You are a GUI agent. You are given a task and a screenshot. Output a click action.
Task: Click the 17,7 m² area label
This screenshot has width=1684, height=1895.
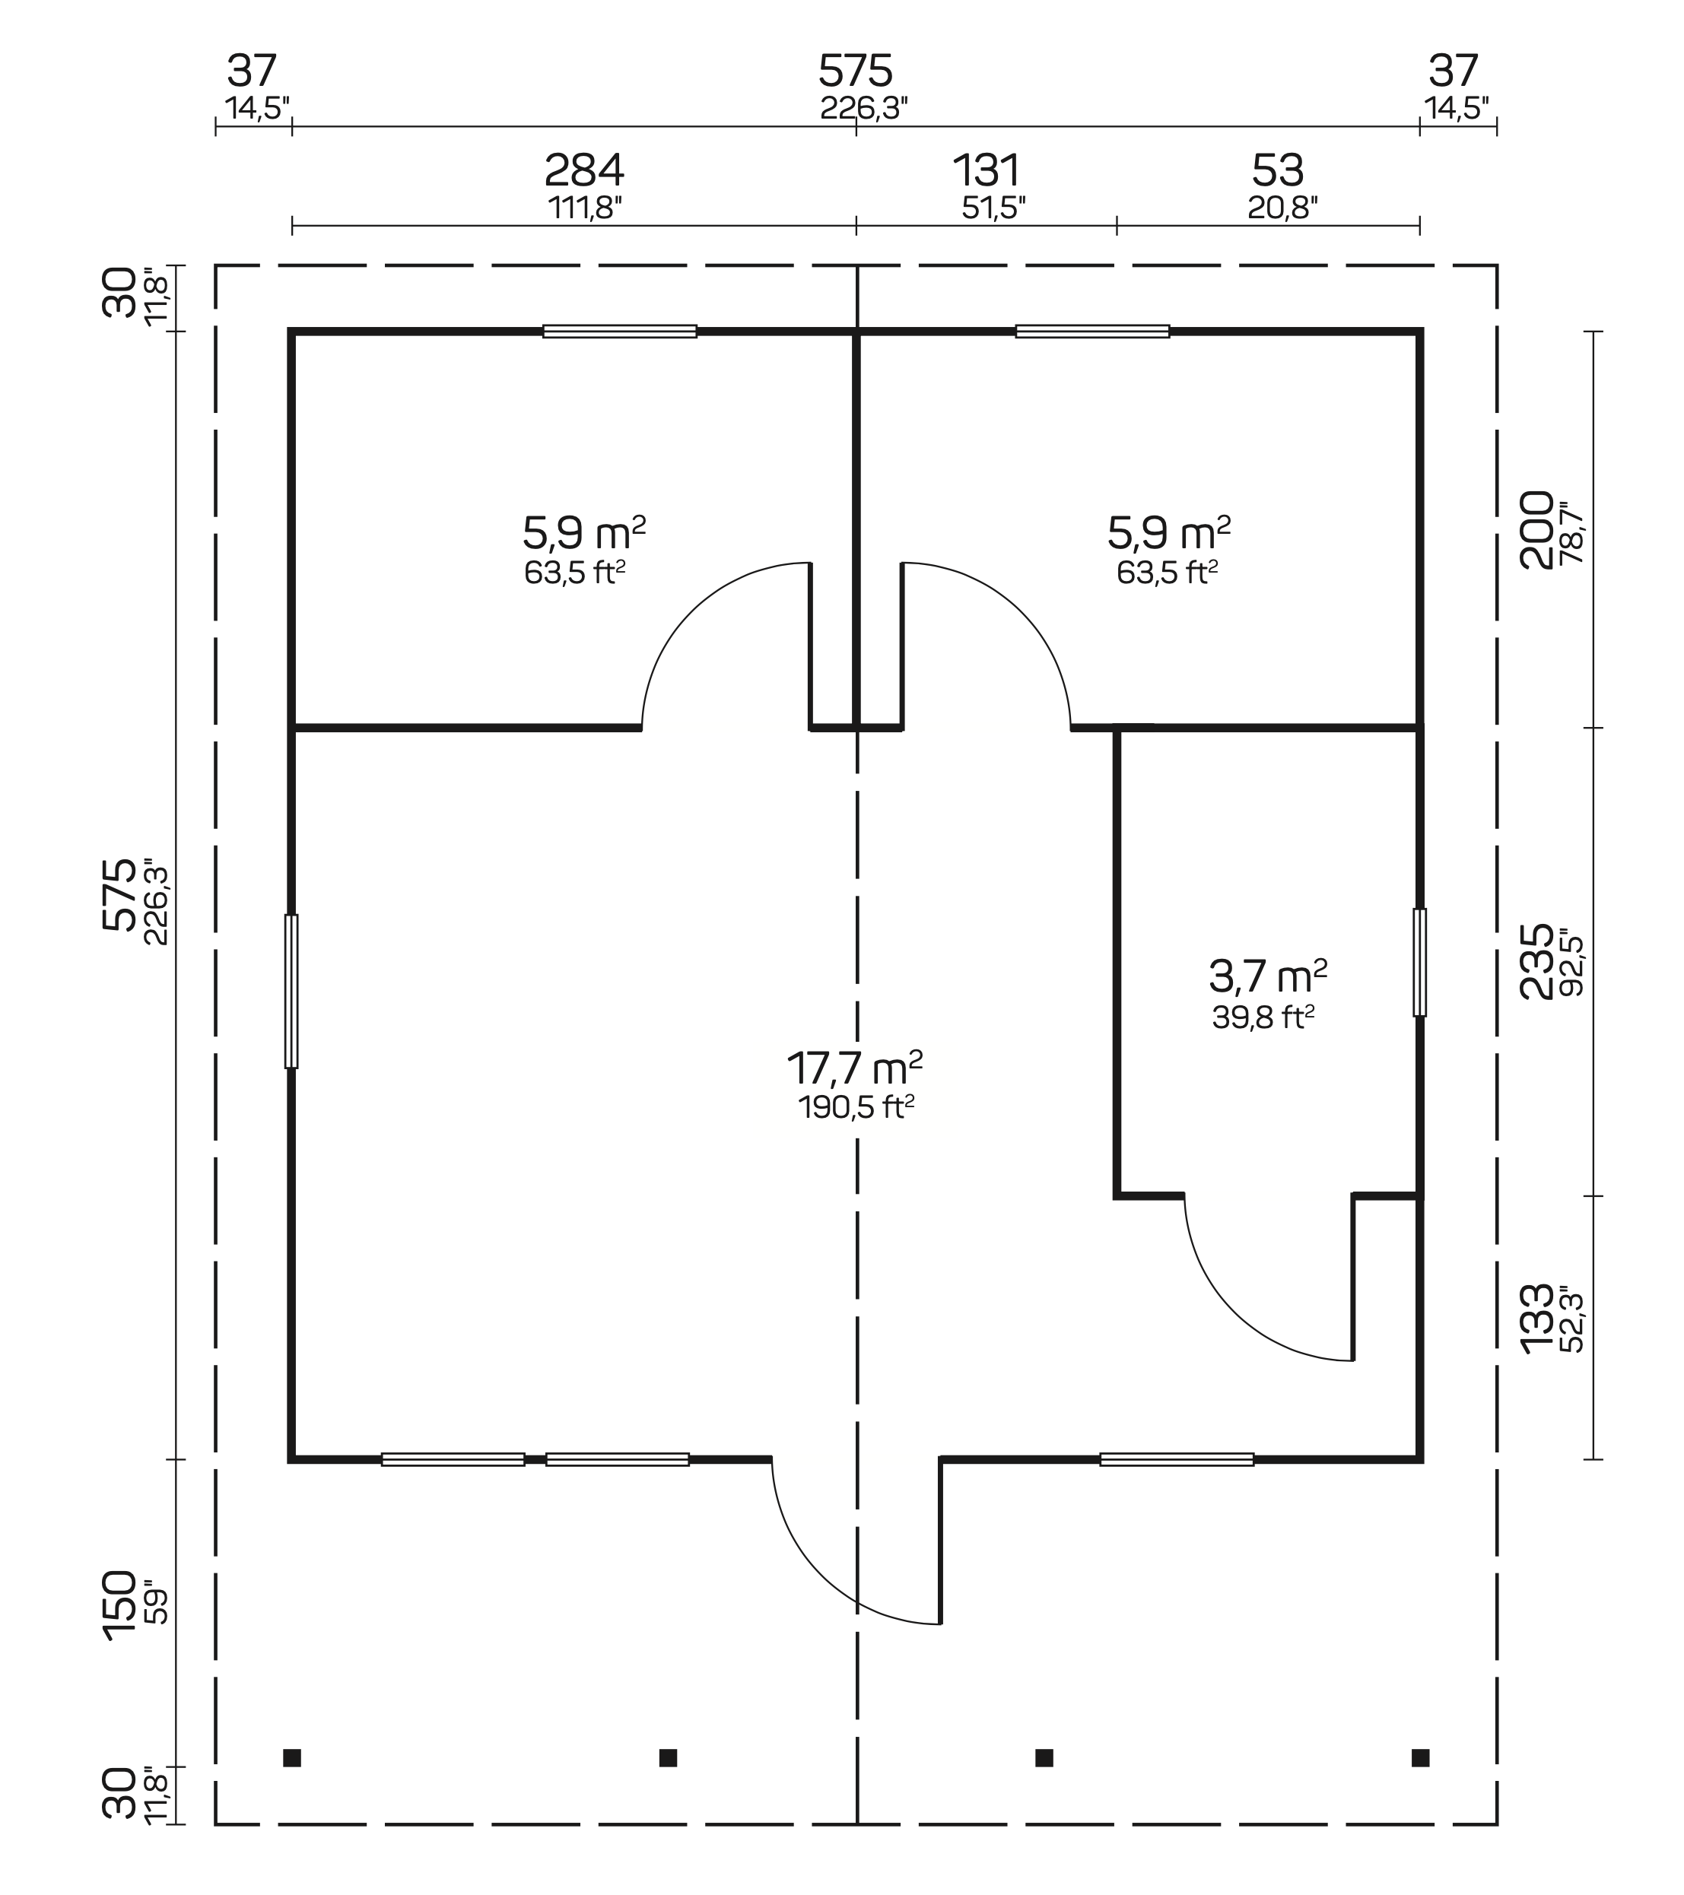click(x=854, y=1068)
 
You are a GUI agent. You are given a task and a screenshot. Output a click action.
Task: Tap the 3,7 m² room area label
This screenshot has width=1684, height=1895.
click(x=1268, y=976)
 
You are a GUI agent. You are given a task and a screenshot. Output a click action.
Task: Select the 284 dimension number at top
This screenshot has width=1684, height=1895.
click(x=584, y=170)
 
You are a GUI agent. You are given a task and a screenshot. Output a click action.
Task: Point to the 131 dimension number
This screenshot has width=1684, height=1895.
click(x=987, y=170)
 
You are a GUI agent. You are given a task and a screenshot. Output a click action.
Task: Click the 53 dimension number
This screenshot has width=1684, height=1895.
click(x=1278, y=170)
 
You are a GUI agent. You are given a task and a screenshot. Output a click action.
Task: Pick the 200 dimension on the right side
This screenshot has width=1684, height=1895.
click(x=1536, y=529)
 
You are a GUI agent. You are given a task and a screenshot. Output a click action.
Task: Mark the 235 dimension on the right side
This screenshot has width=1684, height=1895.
click(x=1536, y=961)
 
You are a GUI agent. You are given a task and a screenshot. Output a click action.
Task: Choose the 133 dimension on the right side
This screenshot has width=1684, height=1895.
click(x=1536, y=1319)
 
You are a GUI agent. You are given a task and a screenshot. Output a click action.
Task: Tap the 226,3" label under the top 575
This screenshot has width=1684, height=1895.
click(x=863, y=109)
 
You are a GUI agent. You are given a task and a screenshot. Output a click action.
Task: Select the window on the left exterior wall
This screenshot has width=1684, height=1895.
click(x=291, y=991)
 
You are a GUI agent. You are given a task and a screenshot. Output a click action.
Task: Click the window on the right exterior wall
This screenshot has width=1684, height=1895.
click(x=1420, y=963)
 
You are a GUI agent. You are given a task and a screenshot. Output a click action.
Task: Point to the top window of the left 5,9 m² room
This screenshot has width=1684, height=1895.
click(x=619, y=331)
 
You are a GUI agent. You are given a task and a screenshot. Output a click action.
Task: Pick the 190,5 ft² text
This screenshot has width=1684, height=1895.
click(x=856, y=1107)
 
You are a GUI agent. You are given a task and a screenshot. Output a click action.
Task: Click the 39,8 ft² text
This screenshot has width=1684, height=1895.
click(x=1263, y=1018)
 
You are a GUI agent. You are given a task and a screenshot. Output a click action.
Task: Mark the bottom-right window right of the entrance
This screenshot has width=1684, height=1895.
click(x=1177, y=1460)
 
